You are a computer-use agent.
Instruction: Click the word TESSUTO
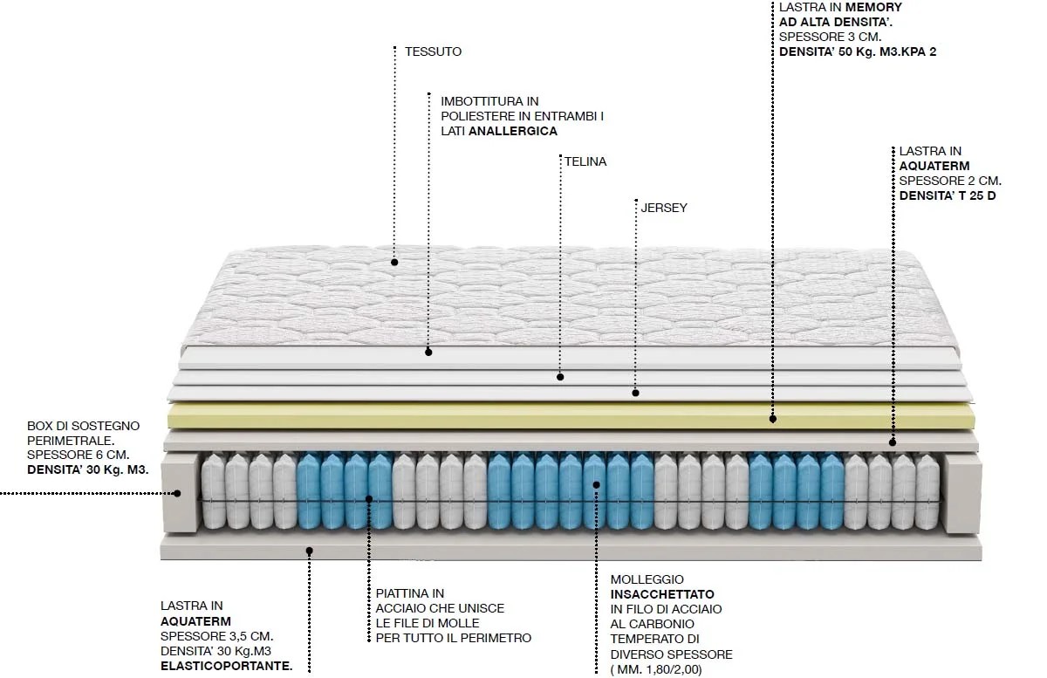click(x=433, y=51)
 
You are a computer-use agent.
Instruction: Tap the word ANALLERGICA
click(x=513, y=131)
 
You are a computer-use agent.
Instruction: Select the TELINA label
click(x=585, y=161)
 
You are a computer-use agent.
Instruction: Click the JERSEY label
click(x=664, y=208)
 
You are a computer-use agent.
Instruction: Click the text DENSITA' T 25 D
click(x=948, y=195)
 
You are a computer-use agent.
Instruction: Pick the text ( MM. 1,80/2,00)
click(x=656, y=669)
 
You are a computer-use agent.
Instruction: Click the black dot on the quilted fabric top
click(x=394, y=261)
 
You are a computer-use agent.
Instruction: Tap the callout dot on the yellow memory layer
click(x=773, y=420)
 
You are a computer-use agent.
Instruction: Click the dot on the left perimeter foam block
click(x=177, y=493)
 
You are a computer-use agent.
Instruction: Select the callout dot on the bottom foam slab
click(x=309, y=550)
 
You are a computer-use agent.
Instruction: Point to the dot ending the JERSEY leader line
click(x=636, y=394)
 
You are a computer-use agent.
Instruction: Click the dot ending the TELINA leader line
click(x=560, y=377)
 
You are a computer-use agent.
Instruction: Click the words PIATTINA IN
click(x=410, y=593)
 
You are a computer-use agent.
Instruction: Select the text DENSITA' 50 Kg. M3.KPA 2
click(x=858, y=51)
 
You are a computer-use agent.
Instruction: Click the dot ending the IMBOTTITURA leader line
click(x=428, y=352)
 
